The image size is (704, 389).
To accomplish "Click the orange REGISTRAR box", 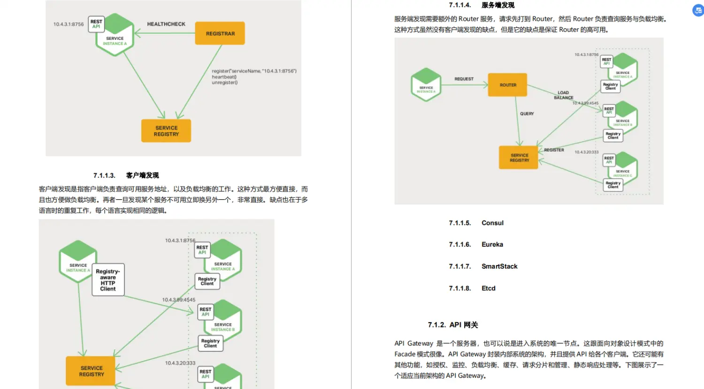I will pyautogui.click(x=220, y=33).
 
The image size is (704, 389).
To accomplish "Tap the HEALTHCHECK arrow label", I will pyautogui.click(x=166, y=24).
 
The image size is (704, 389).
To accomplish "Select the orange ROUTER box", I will pyautogui.click(x=507, y=85).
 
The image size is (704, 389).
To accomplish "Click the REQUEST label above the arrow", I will pyautogui.click(x=464, y=79).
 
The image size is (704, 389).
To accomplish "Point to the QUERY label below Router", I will pyautogui.click(x=527, y=114).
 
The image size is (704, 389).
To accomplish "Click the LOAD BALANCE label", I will pyautogui.click(x=563, y=95).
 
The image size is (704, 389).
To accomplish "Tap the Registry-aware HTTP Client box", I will pyautogui.click(x=108, y=280).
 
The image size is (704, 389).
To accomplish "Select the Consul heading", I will pyautogui.click(x=492, y=223).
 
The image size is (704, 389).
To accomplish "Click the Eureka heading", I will pyautogui.click(x=492, y=245).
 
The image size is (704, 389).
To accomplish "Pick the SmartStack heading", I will pyautogui.click(x=499, y=266).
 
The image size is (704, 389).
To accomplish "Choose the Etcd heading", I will pyautogui.click(x=488, y=288).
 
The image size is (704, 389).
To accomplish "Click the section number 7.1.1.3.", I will pyautogui.click(x=104, y=176).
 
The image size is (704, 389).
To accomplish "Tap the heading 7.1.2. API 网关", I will pyautogui.click(x=453, y=325).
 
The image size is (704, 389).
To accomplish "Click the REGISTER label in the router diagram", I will pyautogui.click(x=554, y=150).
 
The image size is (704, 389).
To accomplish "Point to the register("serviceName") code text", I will pyautogui.click(x=254, y=71).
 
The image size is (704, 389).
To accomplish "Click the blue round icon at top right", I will pyautogui.click(x=698, y=10).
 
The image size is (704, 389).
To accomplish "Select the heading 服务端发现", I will pyautogui.click(x=497, y=5).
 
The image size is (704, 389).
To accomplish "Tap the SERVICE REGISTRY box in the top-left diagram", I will pyautogui.click(x=166, y=131).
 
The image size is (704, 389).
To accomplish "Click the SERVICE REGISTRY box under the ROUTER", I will pyautogui.click(x=519, y=158).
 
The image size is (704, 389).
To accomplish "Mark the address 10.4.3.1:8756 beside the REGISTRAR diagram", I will pyautogui.click(x=69, y=24).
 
